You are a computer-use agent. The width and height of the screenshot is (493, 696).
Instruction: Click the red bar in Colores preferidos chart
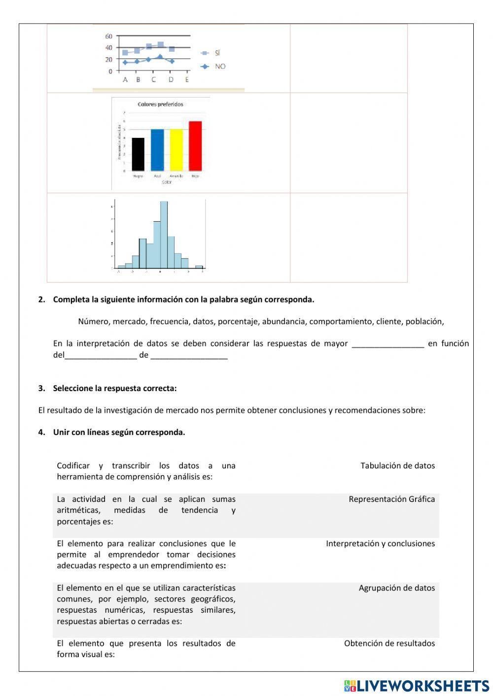pos(195,146)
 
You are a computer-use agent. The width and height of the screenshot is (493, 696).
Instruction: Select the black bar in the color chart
pos(138,154)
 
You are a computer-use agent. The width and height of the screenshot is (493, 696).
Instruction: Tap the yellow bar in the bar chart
pos(176,150)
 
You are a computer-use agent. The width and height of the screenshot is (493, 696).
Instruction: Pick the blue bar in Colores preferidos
pos(157,150)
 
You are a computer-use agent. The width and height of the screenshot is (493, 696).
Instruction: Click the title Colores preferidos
pos(160,104)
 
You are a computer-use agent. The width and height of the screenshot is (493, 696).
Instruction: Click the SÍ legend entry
pos(217,53)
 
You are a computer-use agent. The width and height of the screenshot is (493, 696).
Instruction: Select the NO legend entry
pos(219,66)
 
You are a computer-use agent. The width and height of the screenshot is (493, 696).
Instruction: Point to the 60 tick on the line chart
pos(109,36)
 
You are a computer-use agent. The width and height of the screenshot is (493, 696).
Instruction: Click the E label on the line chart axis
pos(187,80)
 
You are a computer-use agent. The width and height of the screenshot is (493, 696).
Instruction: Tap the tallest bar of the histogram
pos(164,234)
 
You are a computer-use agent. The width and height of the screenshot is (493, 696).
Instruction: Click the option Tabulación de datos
pos(397,465)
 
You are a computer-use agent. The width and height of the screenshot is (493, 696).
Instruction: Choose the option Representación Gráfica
pos(391,499)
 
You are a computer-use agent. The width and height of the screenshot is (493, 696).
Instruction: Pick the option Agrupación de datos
pos(396,588)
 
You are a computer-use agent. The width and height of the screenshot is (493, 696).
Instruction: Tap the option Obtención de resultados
pos(389,643)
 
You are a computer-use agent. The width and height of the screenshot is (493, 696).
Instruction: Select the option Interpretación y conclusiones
pos(380,543)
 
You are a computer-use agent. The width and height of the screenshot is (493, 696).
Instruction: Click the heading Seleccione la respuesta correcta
pos(114,388)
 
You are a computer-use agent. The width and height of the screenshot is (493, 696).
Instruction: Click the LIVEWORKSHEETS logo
pos(416,686)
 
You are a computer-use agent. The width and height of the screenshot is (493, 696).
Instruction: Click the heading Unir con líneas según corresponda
pos(119,432)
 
